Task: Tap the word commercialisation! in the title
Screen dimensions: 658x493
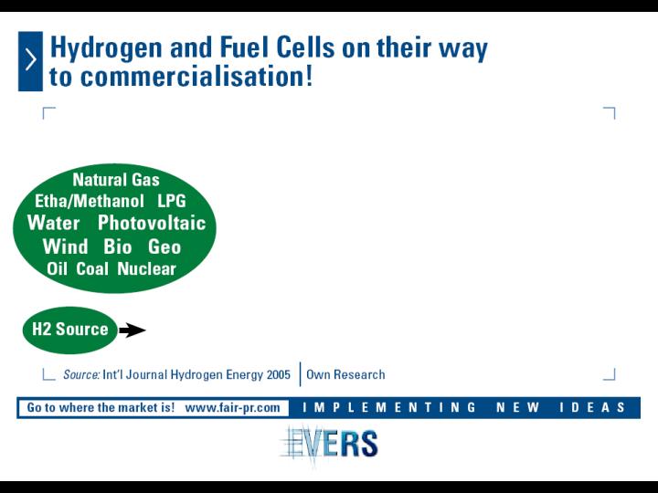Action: point(196,77)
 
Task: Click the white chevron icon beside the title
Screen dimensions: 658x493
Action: point(31,59)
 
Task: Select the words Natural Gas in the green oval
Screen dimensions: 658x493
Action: point(116,180)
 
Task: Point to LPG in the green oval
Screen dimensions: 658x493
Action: point(172,201)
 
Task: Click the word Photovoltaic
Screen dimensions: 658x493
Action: point(152,223)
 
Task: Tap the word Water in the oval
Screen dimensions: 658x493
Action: point(53,223)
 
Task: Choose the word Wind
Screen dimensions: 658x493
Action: point(65,246)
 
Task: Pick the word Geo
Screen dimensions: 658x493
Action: point(164,246)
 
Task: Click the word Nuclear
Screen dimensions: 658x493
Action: point(146,268)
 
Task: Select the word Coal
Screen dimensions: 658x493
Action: point(92,268)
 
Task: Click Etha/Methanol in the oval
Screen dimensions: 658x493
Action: point(90,201)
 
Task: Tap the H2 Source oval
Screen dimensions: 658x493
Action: point(70,330)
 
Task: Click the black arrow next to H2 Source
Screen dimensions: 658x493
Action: point(133,330)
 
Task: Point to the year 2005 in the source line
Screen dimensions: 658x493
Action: point(279,374)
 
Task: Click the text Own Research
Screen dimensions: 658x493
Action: point(345,374)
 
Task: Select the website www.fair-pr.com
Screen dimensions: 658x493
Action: point(232,407)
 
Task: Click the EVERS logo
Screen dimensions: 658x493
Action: point(329,444)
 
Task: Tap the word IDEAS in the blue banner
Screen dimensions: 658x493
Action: point(592,407)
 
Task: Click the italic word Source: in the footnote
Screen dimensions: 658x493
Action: point(81,374)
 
